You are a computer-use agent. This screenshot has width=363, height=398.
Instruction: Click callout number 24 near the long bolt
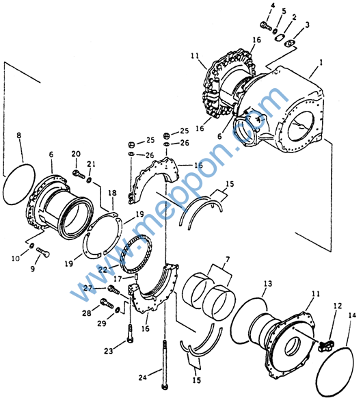click(x=143, y=377)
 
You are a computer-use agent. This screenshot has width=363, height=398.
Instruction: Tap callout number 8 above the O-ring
click(x=18, y=135)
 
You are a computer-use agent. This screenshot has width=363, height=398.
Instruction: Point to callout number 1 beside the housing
click(x=321, y=62)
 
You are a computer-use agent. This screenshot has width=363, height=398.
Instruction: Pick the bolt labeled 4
click(x=266, y=25)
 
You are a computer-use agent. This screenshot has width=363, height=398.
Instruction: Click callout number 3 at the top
click(x=307, y=25)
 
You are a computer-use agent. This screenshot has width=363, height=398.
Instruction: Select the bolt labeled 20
click(x=79, y=174)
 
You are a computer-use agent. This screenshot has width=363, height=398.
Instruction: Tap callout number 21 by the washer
click(x=92, y=164)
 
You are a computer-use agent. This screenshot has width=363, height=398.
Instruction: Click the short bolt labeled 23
click(x=131, y=333)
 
